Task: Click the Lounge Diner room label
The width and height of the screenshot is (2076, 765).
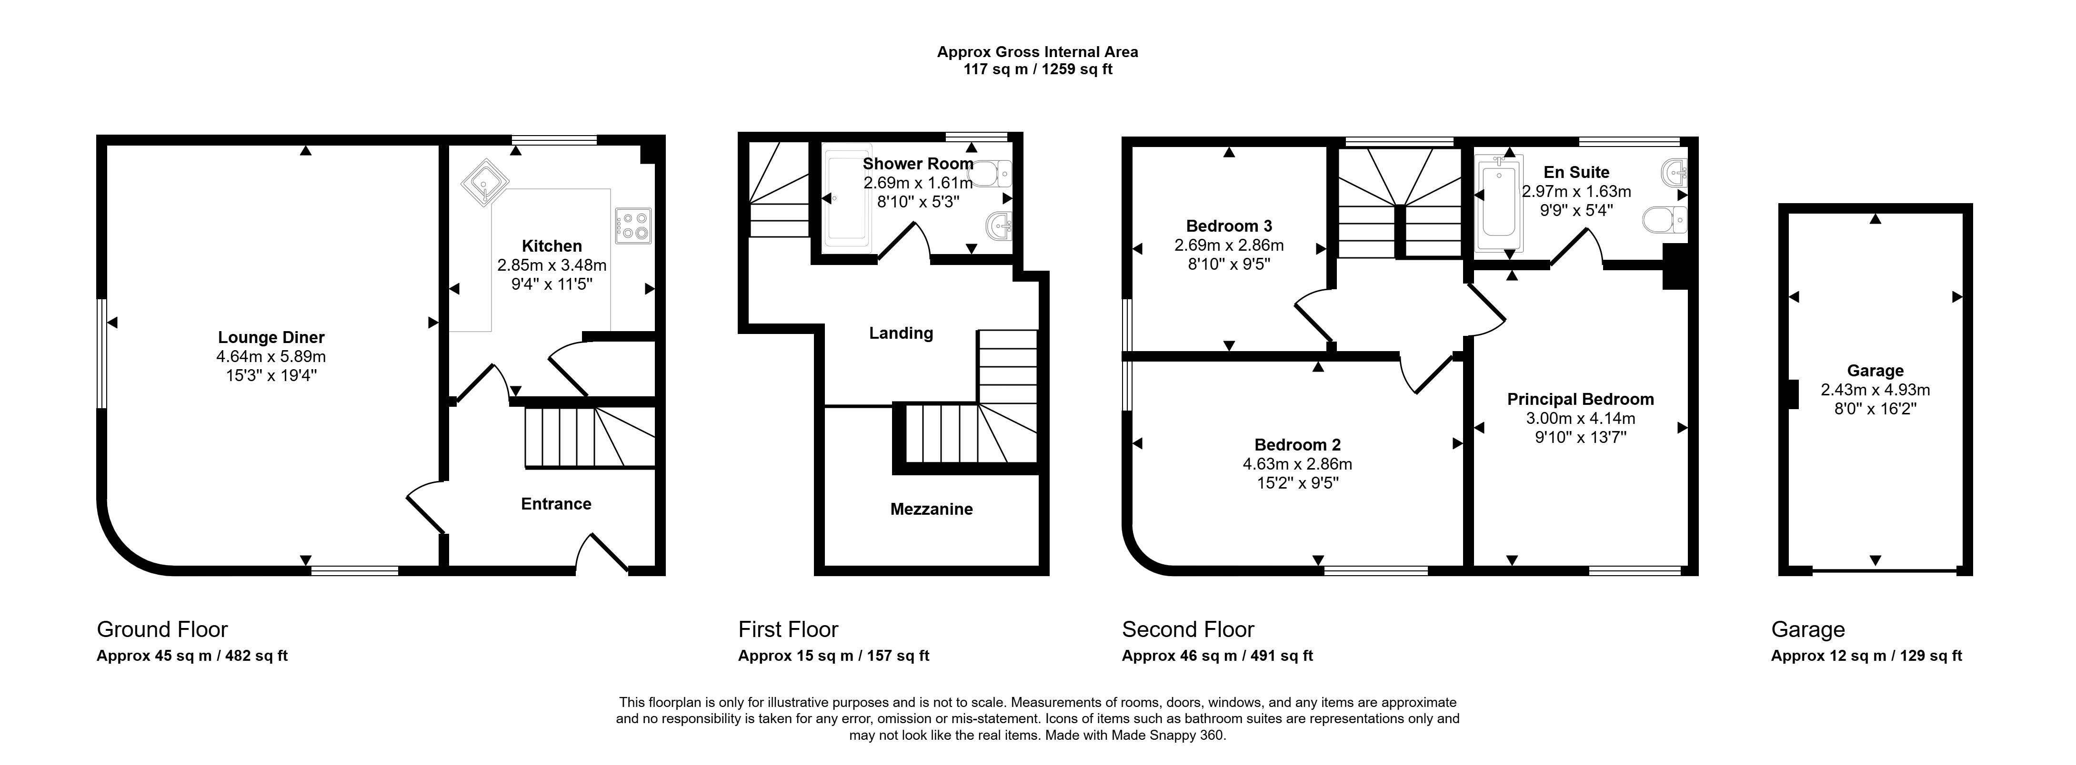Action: (271, 337)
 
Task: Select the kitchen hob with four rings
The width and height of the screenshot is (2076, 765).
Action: (633, 226)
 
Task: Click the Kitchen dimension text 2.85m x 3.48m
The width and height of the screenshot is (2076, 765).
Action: (552, 265)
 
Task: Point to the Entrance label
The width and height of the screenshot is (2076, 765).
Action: (556, 504)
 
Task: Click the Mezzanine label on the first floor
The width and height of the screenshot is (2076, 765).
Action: (932, 509)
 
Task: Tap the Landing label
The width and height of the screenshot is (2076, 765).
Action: (901, 333)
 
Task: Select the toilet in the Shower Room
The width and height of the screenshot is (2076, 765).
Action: (998, 172)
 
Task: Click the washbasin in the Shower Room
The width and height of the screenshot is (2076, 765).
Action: (999, 226)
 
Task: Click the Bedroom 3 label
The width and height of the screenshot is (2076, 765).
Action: (1229, 226)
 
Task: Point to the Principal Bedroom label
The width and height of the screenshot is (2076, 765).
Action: (1580, 400)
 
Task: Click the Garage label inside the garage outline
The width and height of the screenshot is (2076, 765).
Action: (1875, 371)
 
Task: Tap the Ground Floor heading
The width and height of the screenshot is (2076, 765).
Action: (162, 630)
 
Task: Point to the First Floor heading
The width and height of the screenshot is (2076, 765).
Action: (788, 630)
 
